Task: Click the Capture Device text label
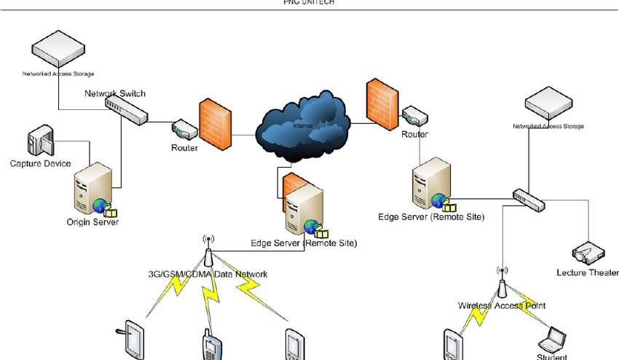tap(40, 163)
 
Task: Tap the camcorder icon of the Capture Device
tap(37, 143)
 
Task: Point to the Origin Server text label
tap(92, 222)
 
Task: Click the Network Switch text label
tap(115, 93)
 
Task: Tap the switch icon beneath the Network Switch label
tap(126, 109)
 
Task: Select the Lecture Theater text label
tap(587, 273)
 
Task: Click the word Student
tap(551, 357)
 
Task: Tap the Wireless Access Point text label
tap(502, 305)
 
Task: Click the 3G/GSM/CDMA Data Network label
tap(208, 274)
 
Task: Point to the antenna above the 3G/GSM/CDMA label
tap(208, 251)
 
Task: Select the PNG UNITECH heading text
tap(309, 2)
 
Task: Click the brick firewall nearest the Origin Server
tap(216, 126)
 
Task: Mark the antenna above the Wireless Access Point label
tap(502, 281)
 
